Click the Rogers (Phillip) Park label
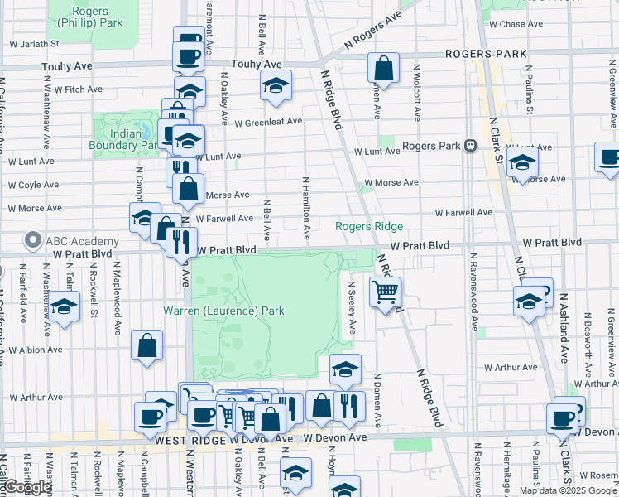pyautogui.click(x=97, y=17)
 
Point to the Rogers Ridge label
pyautogui.click(x=369, y=226)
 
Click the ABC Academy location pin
pyautogui.click(x=33, y=241)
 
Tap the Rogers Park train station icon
pyautogui.click(x=470, y=146)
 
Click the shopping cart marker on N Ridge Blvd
pyautogui.click(x=385, y=292)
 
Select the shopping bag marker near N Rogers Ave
pyautogui.click(x=383, y=68)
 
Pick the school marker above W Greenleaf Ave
pyautogui.click(x=276, y=85)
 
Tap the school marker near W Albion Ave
pyautogui.click(x=64, y=306)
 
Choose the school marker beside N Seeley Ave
pyautogui.click(x=346, y=369)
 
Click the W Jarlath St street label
pyautogui.click(x=33, y=42)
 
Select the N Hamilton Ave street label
pyautogui.click(x=306, y=209)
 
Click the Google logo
pyautogui.click(x=27, y=487)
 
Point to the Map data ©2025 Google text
pyautogui.click(x=567, y=490)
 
